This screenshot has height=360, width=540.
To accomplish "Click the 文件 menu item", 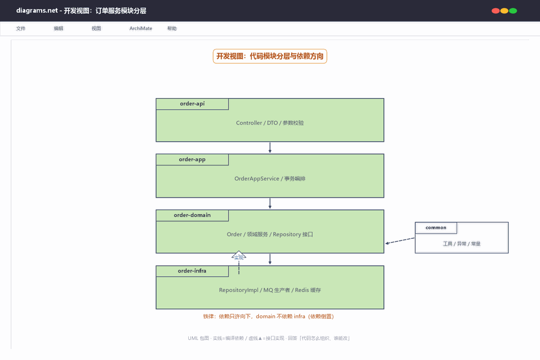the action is [21, 28].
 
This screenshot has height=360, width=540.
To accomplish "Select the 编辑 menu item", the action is [59, 28].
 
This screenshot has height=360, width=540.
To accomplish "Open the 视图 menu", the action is [97, 28].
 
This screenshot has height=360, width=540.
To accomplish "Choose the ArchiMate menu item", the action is [140, 28].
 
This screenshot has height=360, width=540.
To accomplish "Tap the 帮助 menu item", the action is [172, 28].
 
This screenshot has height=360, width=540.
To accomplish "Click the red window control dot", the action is [496, 11].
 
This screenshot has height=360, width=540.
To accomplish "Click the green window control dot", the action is [513, 11].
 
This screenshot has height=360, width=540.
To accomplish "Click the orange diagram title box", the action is [269, 56].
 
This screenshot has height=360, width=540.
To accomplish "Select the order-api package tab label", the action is [192, 104].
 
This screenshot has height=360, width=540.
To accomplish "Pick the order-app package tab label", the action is [192, 159].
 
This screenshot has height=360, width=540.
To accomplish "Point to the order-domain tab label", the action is [192, 215].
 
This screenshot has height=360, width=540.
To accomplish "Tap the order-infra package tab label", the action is [192, 271].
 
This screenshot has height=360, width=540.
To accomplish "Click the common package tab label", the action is [436, 228].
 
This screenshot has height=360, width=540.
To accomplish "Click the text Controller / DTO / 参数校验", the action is [270, 123].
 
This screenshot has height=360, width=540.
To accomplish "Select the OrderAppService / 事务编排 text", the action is [270, 179].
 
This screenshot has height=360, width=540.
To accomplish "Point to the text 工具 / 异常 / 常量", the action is [461, 244].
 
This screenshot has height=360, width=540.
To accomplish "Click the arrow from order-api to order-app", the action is [270, 148].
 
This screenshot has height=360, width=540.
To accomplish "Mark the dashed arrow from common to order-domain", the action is [400, 240].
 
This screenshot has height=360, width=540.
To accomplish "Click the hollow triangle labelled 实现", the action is [239, 255].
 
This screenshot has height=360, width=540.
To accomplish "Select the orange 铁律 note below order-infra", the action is [268, 316].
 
